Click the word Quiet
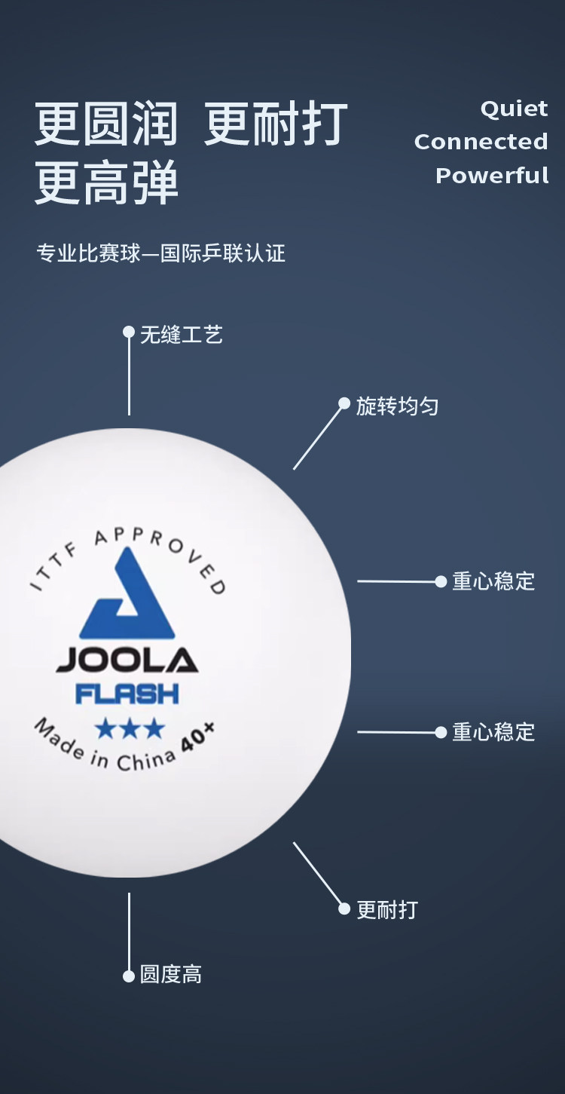pyautogui.click(x=514, y=109)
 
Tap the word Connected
pyautogui.click(x=481, y=142)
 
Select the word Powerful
pyautogui.click(x=492, y=175)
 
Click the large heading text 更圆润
pyautogui.click(x=106, y=124)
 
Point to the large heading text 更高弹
pyautogui.click(x=106, y=183)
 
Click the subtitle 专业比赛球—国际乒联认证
pyautogui.click(x=161, y=253)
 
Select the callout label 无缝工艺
pyautogui.click(x=182, y=335)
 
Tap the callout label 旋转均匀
pyautogui.click(x=397, y=407)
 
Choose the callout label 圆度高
pyautogui.click(x=171, y=975)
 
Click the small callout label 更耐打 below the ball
pyautogui.click(x=387, y=909)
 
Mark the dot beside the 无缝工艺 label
pyautogui.click(x=129, y=332)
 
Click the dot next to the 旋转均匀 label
pyautogui.click(x=344, y=403)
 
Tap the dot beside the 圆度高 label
pyautogui.click(x=129, y=976)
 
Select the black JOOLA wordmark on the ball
pyautogui.click(x=127, y=660)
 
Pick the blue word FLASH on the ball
pyautogui.click(x=127, y=693)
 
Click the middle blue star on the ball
pyautogui.click(x=129, y=728)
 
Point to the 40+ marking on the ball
pyautogui.click(x=198, y=738)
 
